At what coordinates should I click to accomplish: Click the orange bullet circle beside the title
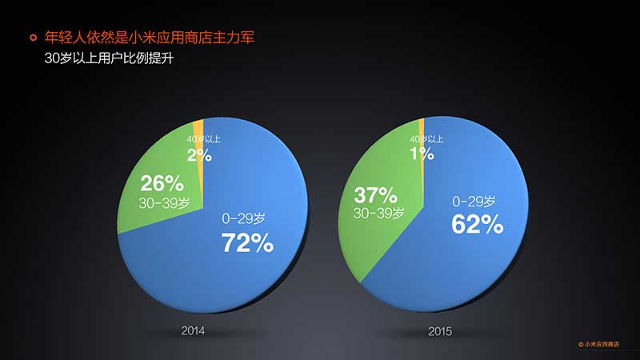(34, 38)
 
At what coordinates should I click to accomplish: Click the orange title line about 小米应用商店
(150, 38)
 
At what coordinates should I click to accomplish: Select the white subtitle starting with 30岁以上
(109, 58)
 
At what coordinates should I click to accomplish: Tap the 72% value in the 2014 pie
(247, 243)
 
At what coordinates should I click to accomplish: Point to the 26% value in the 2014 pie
(162, 184)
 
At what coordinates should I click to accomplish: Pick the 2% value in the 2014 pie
(199, 155)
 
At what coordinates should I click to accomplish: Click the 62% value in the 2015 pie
(477, 224)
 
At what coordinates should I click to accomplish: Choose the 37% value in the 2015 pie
(375, 195)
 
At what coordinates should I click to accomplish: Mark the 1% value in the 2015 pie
(422, 154)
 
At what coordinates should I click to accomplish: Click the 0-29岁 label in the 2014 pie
(244, 218)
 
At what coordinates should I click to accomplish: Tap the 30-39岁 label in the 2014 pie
(164, 203)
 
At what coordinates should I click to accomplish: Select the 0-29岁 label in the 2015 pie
(474, 202)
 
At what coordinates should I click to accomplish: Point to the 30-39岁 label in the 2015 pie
(378, 213)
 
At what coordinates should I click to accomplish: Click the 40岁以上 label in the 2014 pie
(204, 139)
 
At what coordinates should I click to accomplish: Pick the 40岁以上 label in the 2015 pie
(426, 139)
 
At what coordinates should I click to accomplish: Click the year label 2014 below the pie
(193, 330)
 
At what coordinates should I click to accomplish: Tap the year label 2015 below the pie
(440, 331)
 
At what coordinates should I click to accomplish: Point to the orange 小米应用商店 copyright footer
(598, 344)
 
